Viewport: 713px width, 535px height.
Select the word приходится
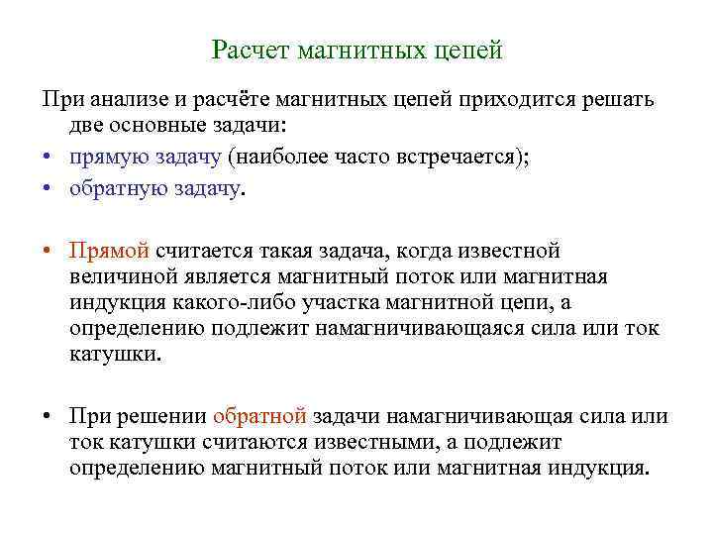click(x=523, y=98)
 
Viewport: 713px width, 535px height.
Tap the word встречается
click(x=454, y=157)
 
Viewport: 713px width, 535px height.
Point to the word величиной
click(x=120, y=275)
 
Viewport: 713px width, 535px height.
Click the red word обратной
click(x=260, y=416)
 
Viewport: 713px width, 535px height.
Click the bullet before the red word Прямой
click(x=48, y=248)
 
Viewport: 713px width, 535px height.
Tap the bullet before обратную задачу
click(x=48, y=186)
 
